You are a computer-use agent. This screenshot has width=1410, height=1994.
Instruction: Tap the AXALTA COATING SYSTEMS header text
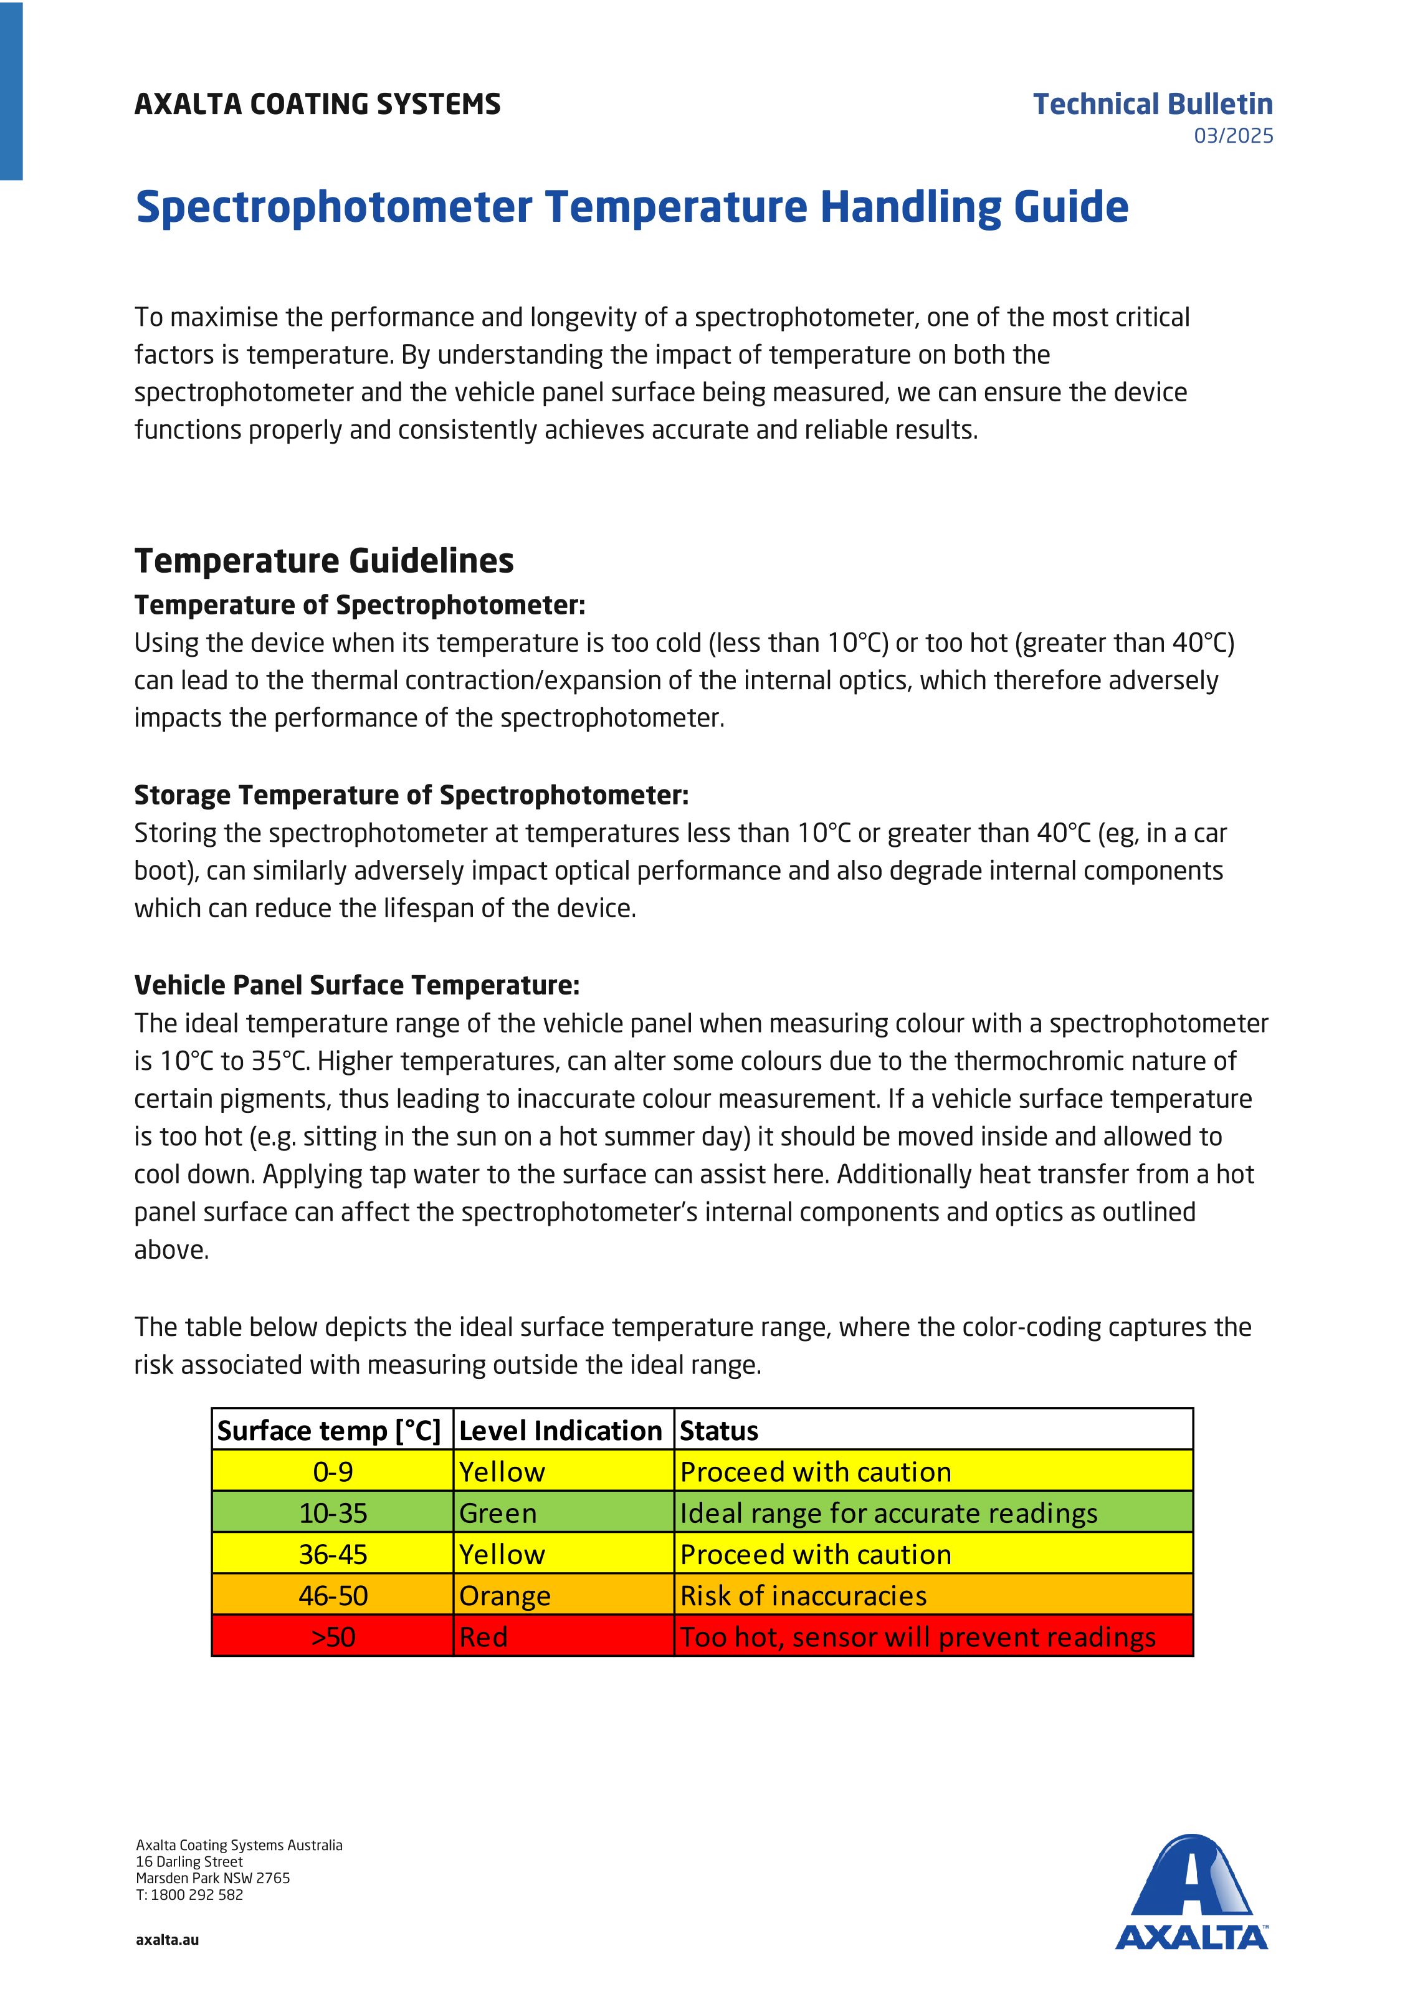coord(317,104)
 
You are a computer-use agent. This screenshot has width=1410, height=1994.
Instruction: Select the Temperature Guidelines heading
coord(324,561)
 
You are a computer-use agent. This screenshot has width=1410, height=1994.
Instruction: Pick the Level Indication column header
coord(560,1430)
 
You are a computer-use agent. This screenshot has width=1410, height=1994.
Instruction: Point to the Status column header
coord(719,1430)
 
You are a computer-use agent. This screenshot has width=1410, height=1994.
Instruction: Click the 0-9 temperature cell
coord(333,1471)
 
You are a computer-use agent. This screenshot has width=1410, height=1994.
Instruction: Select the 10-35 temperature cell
coord(333,1513)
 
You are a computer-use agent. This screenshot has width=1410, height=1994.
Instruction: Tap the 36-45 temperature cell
coord(333,1553)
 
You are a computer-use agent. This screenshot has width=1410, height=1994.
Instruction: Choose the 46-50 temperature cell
coord(333,1595)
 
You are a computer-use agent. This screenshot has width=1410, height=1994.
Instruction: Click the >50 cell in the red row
coord(333,1636)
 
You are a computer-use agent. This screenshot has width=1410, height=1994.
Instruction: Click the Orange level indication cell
coord(505,1595)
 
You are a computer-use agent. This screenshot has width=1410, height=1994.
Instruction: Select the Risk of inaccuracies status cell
coord(803,1595)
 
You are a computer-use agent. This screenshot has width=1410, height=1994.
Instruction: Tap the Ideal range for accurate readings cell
coord(888,1513)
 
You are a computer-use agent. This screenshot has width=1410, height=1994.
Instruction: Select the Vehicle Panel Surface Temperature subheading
coord(356,985)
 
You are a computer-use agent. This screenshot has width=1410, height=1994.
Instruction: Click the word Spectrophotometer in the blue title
coord(333,207)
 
